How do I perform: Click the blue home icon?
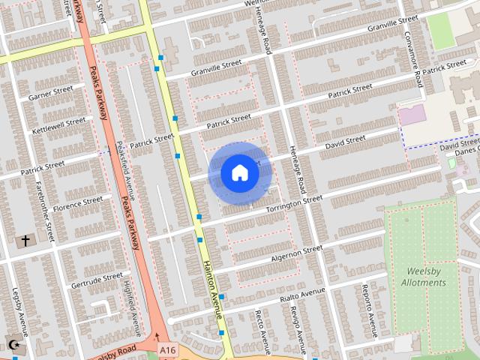(x=239, y=172)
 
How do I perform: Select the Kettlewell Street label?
(x=58, y=125)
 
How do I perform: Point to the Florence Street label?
(x=76, y=204)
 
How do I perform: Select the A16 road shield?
(x=167, y=349)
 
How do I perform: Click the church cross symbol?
(x=25, y=241)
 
